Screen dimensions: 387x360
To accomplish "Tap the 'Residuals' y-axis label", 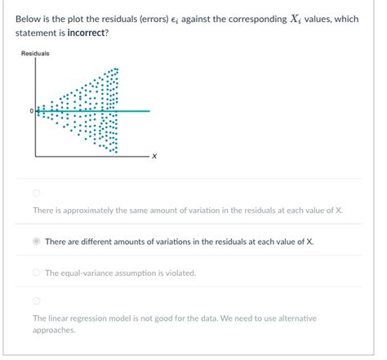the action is click(35, 54).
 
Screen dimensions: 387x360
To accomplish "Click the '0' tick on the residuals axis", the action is click(31, 110).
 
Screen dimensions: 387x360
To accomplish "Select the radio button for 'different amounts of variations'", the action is click(36, 242).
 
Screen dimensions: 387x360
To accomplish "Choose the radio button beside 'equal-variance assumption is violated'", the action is click(36, 273).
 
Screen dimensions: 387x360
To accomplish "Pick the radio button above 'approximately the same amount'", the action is click(36, 193).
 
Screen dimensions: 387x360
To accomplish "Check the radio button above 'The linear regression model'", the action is click(36, 300).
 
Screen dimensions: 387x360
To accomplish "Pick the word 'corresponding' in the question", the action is click(225, 19).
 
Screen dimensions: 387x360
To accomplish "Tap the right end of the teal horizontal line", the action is click(149, 110).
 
